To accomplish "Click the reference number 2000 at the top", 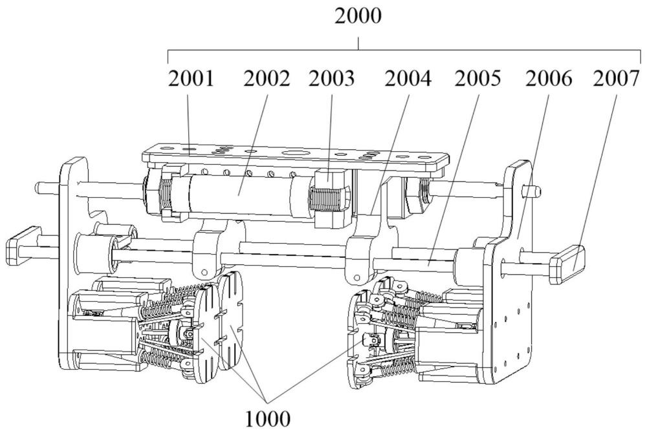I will click(x=358, y=17).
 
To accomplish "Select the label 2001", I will click(x=192, y=80).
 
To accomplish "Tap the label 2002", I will click(x=267, y=80).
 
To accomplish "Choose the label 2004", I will click(x=408, y=80).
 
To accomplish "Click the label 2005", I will click(x=477, y=80).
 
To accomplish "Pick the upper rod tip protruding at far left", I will click(x=42, y=187).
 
